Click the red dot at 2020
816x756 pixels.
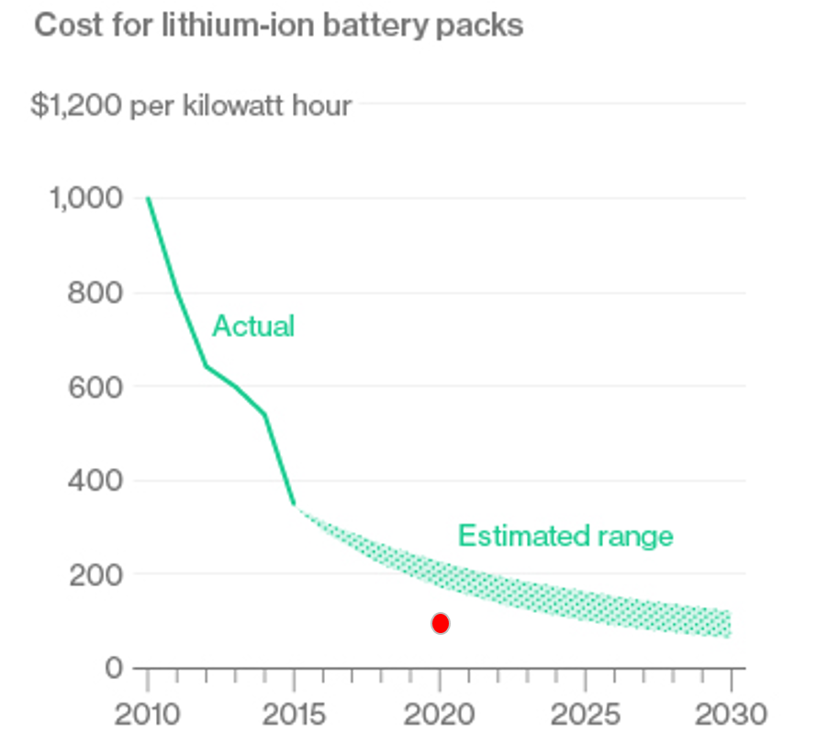[441, 624]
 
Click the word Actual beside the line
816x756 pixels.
[253, 326]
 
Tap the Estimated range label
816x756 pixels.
[565, 535]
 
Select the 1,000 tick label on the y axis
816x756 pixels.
[85, 198]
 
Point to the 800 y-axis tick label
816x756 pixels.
[96, 293]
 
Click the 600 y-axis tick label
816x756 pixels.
[96, 386]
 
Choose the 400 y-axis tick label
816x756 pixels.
[96, 480]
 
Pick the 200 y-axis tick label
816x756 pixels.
[96, 574]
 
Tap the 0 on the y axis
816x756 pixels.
[113, 668]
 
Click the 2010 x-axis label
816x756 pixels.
[147, 714]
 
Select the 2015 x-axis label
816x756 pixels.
[293, 714]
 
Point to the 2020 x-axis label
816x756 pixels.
[439, 714]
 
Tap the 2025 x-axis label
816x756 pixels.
[585, 714]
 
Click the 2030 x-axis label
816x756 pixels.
[731, 714]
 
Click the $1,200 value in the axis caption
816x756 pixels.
[76, 106]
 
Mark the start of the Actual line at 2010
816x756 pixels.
[148, 198]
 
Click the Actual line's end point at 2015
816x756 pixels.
[294, 504]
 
